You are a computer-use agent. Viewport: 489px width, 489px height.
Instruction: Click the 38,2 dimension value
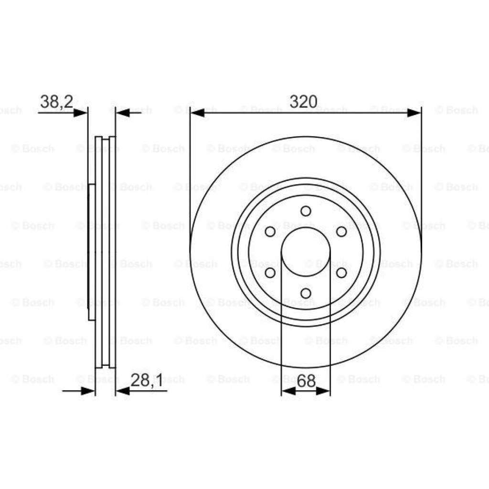pos(56,102)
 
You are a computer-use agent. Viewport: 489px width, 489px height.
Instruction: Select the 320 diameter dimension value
pos(304,102)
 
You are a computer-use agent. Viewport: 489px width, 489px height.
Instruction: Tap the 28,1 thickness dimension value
pos(147,381)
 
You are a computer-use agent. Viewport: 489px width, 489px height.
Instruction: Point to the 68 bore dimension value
pos(306,381)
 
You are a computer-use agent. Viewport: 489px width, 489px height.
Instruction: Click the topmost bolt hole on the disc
pos(306,211)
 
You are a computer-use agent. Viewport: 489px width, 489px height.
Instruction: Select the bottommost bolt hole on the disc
pos(306,293)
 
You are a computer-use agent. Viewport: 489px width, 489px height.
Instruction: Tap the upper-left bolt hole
pos(270,232)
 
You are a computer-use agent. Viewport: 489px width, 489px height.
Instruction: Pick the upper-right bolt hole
pos(341,232)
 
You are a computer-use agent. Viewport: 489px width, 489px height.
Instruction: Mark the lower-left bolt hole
pos(270,272)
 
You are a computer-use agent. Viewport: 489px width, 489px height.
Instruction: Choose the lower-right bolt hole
pos(341,272)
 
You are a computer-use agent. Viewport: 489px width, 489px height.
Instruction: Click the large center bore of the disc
pos(306,252)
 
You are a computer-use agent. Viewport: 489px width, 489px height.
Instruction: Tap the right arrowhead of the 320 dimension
pos(414,113)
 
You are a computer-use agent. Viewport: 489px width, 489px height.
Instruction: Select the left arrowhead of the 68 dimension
pos(288,391)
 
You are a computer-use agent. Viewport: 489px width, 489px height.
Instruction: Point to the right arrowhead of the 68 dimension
pos(323,391)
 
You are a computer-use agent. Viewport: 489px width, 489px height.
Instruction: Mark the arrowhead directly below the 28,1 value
pos(123,391)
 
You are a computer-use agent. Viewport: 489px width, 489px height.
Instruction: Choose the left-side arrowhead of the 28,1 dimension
pos(88,391)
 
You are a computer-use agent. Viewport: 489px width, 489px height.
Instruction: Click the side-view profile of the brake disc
pos(102,252)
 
